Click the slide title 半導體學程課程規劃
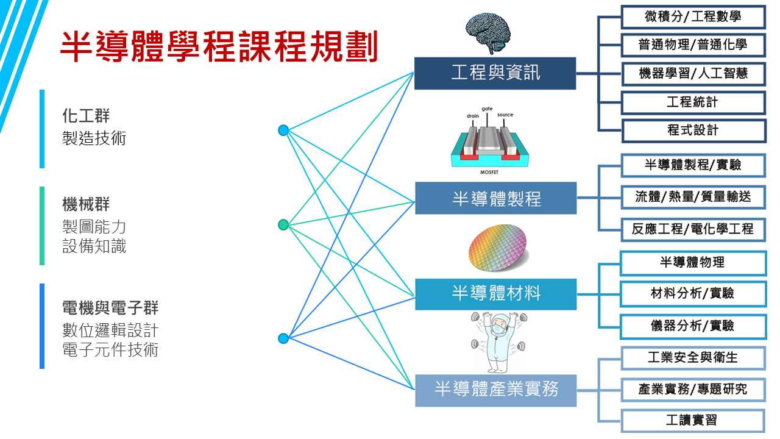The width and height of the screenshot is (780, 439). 219,46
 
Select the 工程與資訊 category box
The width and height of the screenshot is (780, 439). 495,73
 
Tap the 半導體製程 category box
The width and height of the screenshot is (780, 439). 495,198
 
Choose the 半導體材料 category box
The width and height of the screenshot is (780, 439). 495,293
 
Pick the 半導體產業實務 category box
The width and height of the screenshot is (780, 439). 495,389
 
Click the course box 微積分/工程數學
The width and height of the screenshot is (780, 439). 693,16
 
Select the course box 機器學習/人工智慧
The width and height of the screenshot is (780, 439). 693,74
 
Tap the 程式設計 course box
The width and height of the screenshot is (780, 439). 693,130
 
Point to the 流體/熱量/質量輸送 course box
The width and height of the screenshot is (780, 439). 693,197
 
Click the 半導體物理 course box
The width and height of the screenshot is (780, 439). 693,263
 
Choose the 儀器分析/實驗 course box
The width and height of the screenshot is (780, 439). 693,326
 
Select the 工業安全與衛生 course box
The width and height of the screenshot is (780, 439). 693,357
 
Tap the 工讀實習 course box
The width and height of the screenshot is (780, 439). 693,421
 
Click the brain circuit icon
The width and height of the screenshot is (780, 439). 487,29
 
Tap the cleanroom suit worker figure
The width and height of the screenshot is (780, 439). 497,341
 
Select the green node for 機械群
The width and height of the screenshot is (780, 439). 283,225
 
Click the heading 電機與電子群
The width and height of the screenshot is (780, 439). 110,307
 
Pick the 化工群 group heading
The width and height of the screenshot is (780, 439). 86,115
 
